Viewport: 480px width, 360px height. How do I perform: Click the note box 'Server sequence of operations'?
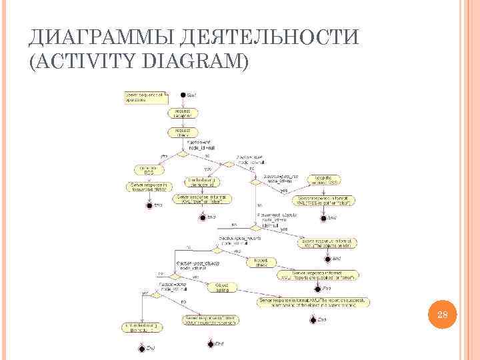coord(143,97)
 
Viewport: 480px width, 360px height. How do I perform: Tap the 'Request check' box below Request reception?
coord(183,132)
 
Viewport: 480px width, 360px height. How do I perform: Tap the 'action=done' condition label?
coord(175,287)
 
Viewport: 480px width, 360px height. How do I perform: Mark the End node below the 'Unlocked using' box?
coord(141,347)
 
